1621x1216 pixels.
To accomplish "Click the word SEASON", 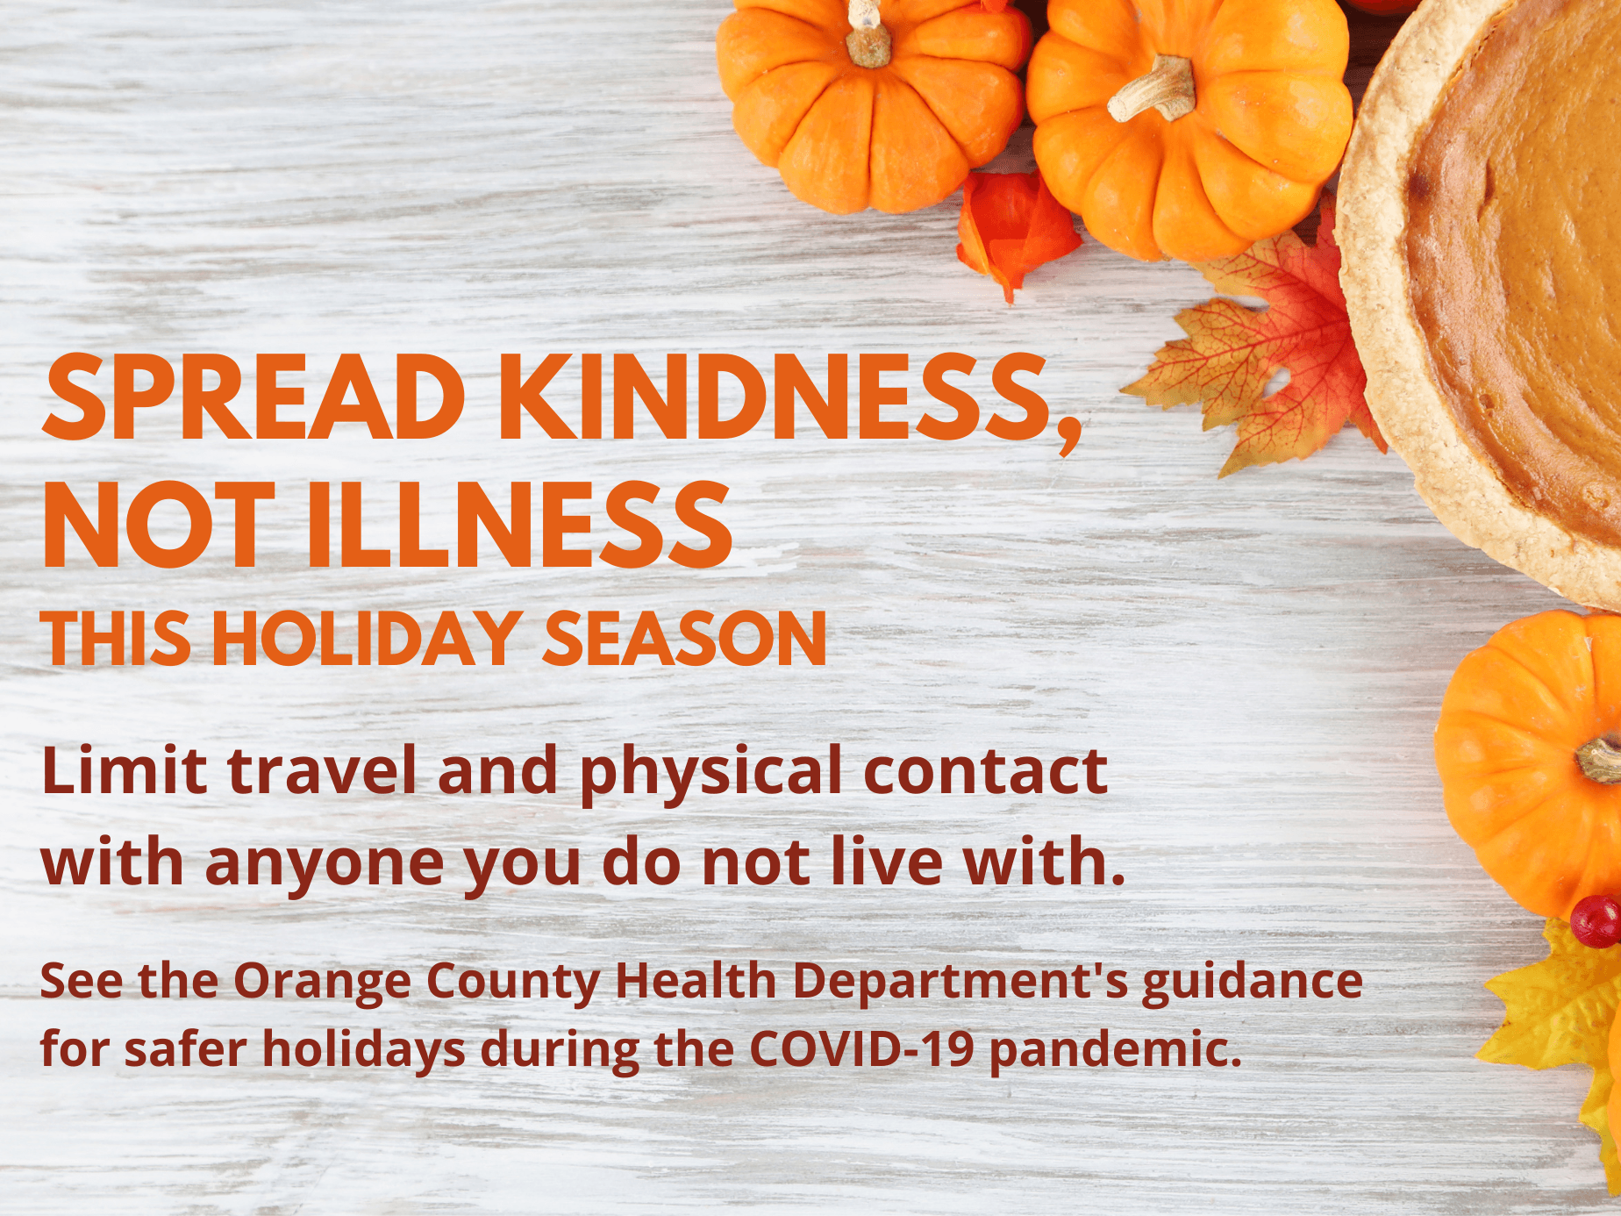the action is coord(685,638).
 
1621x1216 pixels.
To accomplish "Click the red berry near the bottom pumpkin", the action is coord(1595,921).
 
